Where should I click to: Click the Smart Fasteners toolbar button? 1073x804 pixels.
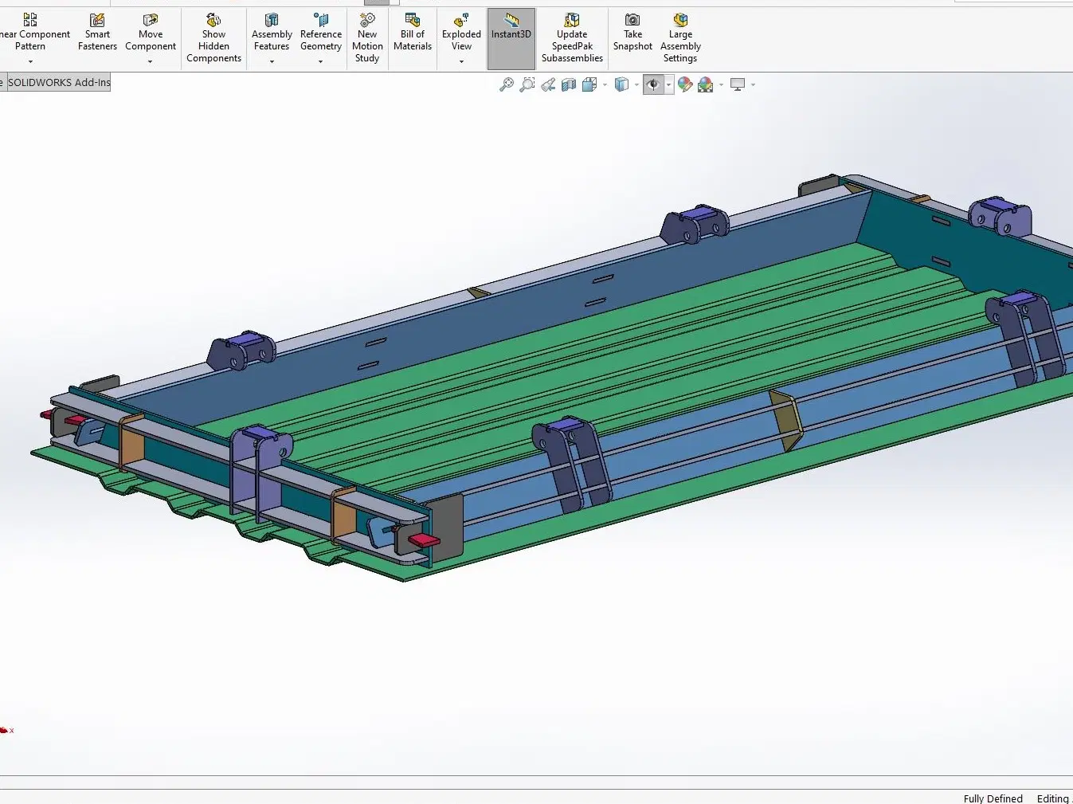[x=97, y=32]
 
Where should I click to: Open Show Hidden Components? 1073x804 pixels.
[x=213, y=38]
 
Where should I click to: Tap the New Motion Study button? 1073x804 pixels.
[x=367, y=38]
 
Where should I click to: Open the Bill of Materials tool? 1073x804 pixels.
[x=413, y=32]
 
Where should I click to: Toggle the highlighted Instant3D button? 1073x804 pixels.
[x=511, y=38]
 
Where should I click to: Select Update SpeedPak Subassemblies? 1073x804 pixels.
[x=572, y=38]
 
